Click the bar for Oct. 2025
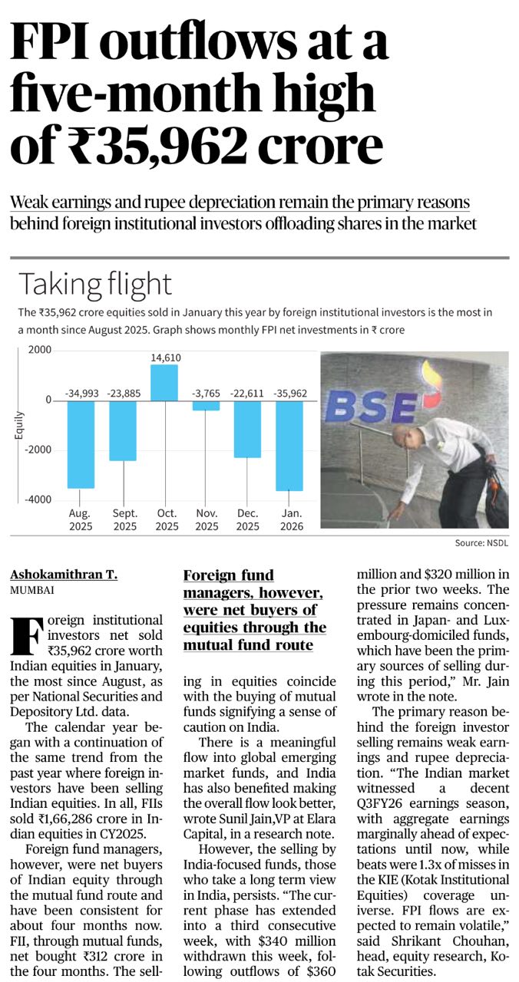[164, 382]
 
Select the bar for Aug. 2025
[81, 443]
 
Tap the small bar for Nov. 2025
[206, 405]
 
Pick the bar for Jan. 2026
[289, 445]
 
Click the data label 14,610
[165, 357]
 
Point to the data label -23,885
[123, 394]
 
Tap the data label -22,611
[248, 394]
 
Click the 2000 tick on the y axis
[40, 350]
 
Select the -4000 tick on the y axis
[38, 499]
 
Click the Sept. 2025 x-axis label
[124, 519]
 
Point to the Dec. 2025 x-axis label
[248, 519]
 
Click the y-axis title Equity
[18, 426]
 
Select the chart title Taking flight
[95, 284]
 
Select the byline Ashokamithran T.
[64, 575]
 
